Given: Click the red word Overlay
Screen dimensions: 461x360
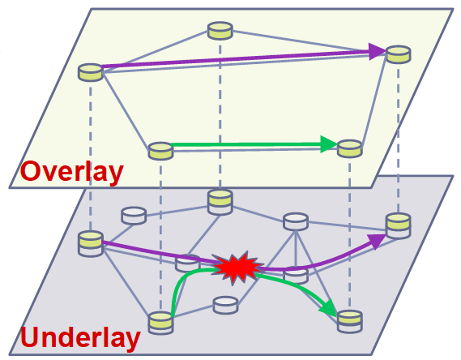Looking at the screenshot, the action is (x=72, y=172).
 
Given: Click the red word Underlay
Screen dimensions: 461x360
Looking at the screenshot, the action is (x=80, y=337).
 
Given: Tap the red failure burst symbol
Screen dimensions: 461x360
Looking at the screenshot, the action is (x=237, y=268).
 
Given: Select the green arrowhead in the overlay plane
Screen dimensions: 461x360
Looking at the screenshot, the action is (x=329, y=144).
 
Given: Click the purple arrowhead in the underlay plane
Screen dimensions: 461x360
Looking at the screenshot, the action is (x=377, y=241).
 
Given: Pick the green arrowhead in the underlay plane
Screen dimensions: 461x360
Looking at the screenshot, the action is (x=329, y=308).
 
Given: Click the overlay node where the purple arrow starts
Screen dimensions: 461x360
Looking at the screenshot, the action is (x=91, y=72).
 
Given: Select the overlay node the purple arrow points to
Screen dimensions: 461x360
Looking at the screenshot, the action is (x=399, y=54).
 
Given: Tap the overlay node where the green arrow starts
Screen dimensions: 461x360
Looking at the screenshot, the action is (x=160, y=151).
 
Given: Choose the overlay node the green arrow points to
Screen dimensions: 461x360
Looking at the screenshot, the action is (x=349, y=148).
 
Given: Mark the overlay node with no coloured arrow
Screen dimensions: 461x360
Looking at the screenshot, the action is (x=220, y=30).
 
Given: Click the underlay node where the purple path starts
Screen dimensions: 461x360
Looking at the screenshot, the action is (x=91, y=243).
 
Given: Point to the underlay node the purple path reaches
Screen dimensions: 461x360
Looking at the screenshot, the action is (x=399, y=226).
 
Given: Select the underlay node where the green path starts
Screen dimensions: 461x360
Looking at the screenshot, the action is (x=160, y=323).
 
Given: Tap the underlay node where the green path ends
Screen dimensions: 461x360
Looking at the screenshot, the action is (x=349, y=321).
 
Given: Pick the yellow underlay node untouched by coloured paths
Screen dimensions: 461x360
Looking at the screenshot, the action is (x=220, y=203).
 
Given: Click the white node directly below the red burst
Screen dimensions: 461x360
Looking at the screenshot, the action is (x=225, y=305).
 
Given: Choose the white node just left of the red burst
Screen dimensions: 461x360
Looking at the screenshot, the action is (x=187, y=264).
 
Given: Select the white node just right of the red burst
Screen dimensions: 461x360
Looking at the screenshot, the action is (x=296, y=275).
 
